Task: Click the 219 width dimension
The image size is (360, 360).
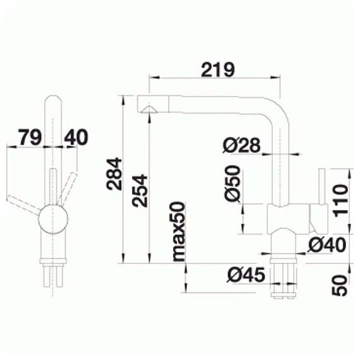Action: coord(218,69)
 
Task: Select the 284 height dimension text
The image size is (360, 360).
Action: coord(114,174)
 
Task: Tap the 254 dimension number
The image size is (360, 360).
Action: coord(140,191)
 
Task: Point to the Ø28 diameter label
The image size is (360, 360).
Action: coord(241,145)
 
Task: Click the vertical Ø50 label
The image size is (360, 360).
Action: coord(233,184)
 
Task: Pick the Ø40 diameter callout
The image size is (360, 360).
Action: coord(327,245)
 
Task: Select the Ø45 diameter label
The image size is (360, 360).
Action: coord(246,275)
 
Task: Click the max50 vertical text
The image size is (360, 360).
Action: coord(178,231)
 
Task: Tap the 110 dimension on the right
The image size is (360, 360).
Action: coord(340,200)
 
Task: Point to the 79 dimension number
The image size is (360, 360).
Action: coord(30,137)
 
